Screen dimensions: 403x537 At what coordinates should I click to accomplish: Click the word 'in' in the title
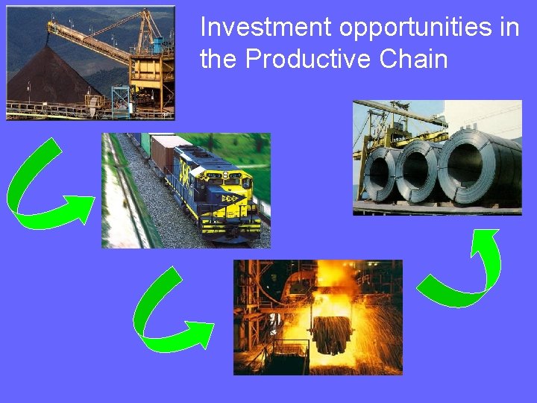(510, 28)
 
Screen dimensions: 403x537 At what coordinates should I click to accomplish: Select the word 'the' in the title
(219, 59)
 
